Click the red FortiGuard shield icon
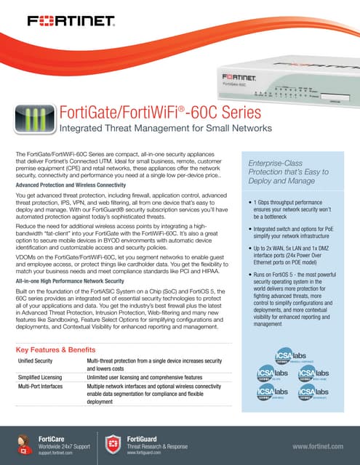pyautogui.click(x=113, y=442)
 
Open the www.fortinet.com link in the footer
pyautogui.click(x=316, y=442)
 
